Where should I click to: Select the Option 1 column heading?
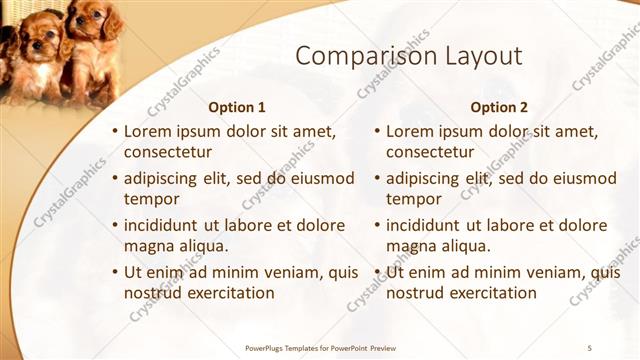(x=237, y=107)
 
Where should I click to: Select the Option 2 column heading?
(x=499, y=107)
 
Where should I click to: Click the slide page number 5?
(x=589, y=346)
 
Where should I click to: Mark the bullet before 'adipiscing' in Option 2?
(x=377, y=178)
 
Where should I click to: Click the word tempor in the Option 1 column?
(x=150, y=199)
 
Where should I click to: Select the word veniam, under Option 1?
(x=269, y=271)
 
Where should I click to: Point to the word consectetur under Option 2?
(x=430, y=152)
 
